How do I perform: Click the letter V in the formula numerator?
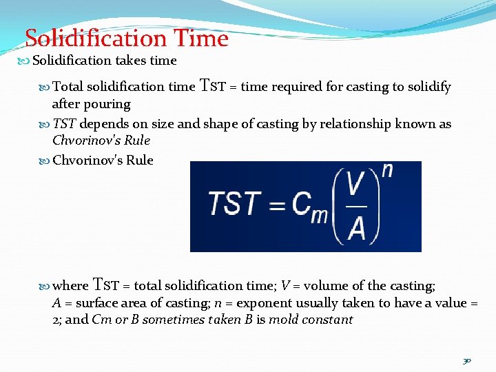(x=355, y=185)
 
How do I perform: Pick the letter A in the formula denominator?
(x=356, y=228)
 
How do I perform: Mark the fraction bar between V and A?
(x=356, y=206)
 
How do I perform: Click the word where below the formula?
(x=70, y=286)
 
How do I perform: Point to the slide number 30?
(x=467, y=360)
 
